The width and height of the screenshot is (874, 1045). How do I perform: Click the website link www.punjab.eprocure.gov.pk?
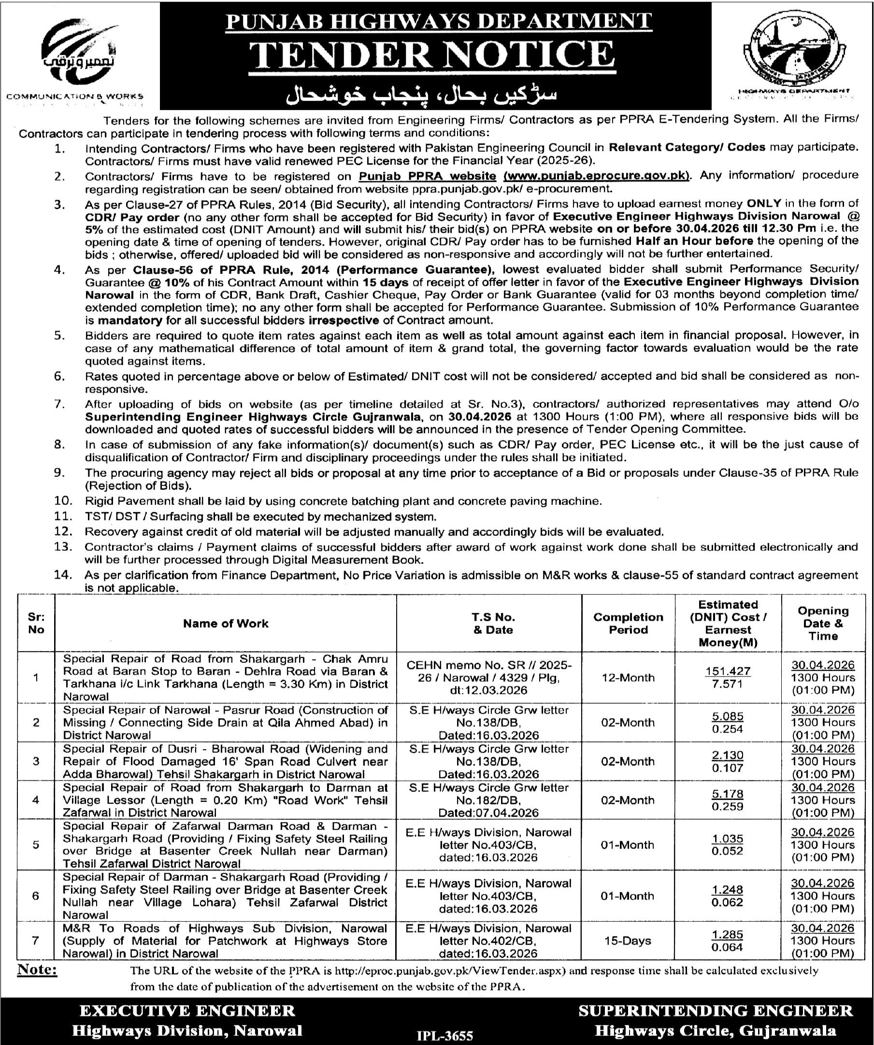click(x=597, y=176)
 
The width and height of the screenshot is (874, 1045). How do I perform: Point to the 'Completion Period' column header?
click(x=628, y=623)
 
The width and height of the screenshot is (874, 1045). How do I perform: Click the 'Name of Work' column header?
click(x=226, y=623)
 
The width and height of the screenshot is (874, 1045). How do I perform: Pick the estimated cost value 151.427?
click(x=727, y=671)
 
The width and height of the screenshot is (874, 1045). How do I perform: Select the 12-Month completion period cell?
click(x=628, y=677)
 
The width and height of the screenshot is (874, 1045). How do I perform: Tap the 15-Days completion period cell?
click(x=628, y=941)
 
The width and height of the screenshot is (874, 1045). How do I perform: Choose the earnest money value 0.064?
click(x=727, y=947)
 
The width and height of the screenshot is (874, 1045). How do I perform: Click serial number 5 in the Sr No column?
click(x=36, y=845)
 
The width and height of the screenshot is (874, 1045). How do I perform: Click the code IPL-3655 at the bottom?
click(x=445, y=1035)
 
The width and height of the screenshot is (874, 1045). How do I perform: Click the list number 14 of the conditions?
click(x=63, y=575)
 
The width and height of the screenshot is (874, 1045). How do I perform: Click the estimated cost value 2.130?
click(x=727, y=755)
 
